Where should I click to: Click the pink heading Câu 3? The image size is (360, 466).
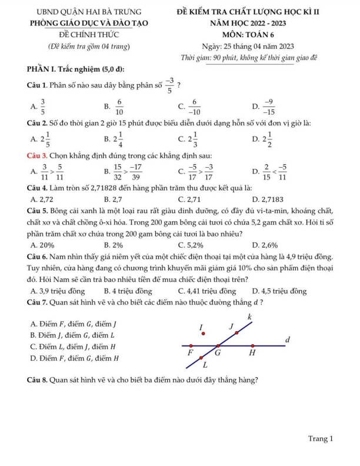[x=30, y=155]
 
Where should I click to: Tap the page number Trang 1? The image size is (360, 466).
[x=321, y=438]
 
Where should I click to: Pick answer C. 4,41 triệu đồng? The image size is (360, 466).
[x=206, y=291]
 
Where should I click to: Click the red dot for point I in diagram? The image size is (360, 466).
[x=204, y=333]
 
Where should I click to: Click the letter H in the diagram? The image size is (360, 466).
[x=252, y=354]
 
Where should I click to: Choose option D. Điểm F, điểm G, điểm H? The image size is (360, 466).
[x=74, y=358]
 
